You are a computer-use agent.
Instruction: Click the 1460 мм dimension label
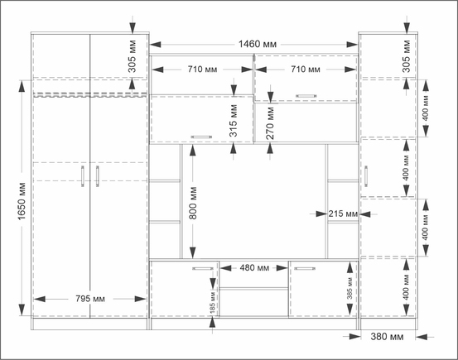coord(258,44)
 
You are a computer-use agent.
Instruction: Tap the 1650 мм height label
coord(22,201)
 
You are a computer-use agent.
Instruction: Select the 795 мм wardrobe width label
coord(90,299)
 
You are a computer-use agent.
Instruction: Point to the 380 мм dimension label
coord(387,337)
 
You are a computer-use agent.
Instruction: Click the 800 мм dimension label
coord(193,204)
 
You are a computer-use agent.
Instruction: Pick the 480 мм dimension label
coord(254,268)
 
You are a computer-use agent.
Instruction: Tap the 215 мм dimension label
coord(343,214)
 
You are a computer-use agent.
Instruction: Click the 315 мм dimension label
coord(234,121)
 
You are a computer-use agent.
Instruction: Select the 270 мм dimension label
coord(271,123)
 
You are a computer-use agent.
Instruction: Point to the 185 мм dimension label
coord(213,302)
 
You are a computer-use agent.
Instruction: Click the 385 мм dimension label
coord(350,288)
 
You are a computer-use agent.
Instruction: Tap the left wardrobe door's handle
coord(83,176)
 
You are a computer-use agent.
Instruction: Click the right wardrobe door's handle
coord(97,176)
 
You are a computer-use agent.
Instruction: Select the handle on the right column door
coord(366,176)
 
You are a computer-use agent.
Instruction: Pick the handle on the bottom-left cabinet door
coord(203,268)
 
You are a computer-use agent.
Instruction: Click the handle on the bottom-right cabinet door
coord(305,268)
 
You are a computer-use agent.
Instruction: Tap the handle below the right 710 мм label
coord(306,96)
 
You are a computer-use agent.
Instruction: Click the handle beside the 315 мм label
coord(201,137)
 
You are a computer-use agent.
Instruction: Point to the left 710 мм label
coord(202,70)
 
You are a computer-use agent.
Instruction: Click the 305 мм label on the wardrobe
coord(133,56)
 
